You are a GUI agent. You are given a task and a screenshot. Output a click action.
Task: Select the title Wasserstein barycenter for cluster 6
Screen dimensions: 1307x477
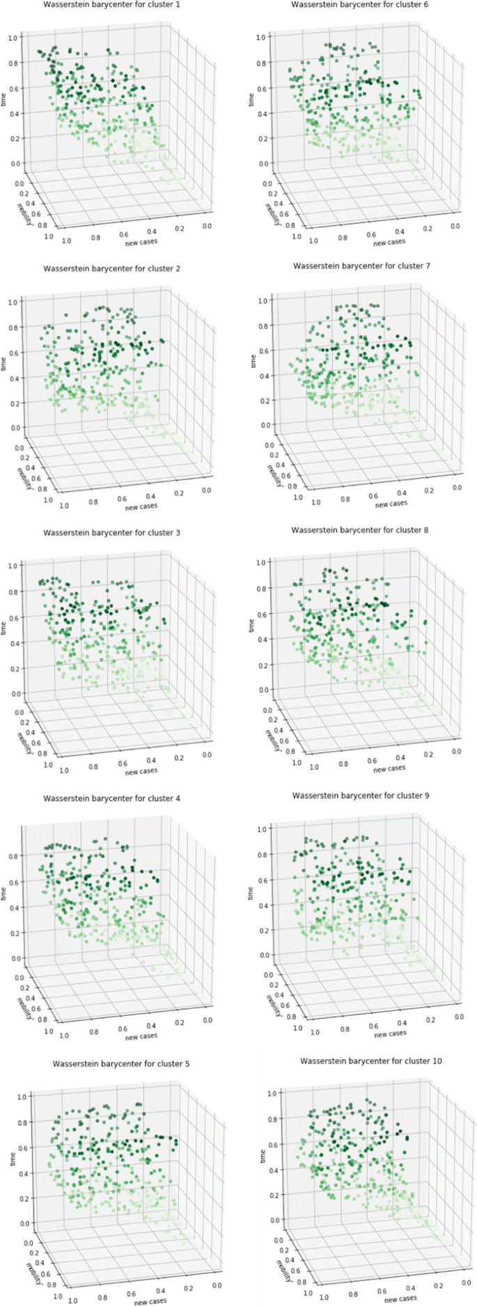pyautogui.click(x=359, y=5)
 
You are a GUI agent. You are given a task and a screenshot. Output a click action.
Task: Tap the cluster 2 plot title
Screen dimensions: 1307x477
pyautogui.click(x=111, y=268)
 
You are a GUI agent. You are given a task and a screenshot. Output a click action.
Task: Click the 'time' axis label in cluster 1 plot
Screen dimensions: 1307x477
pyautogui.click(x=4, y=100)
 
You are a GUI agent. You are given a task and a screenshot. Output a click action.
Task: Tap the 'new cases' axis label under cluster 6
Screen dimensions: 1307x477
pyautogui.click(x=389, y=242)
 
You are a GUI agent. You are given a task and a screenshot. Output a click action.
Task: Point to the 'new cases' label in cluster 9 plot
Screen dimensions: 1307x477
pyautogui.click(x=390, y=1034)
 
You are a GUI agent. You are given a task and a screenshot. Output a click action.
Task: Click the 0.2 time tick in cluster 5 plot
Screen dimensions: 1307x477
pyautogui.click(x=22, y=1198)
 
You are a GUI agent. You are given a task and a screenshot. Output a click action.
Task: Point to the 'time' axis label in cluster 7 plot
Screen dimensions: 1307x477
pyautogui.click(x=253, y=361)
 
